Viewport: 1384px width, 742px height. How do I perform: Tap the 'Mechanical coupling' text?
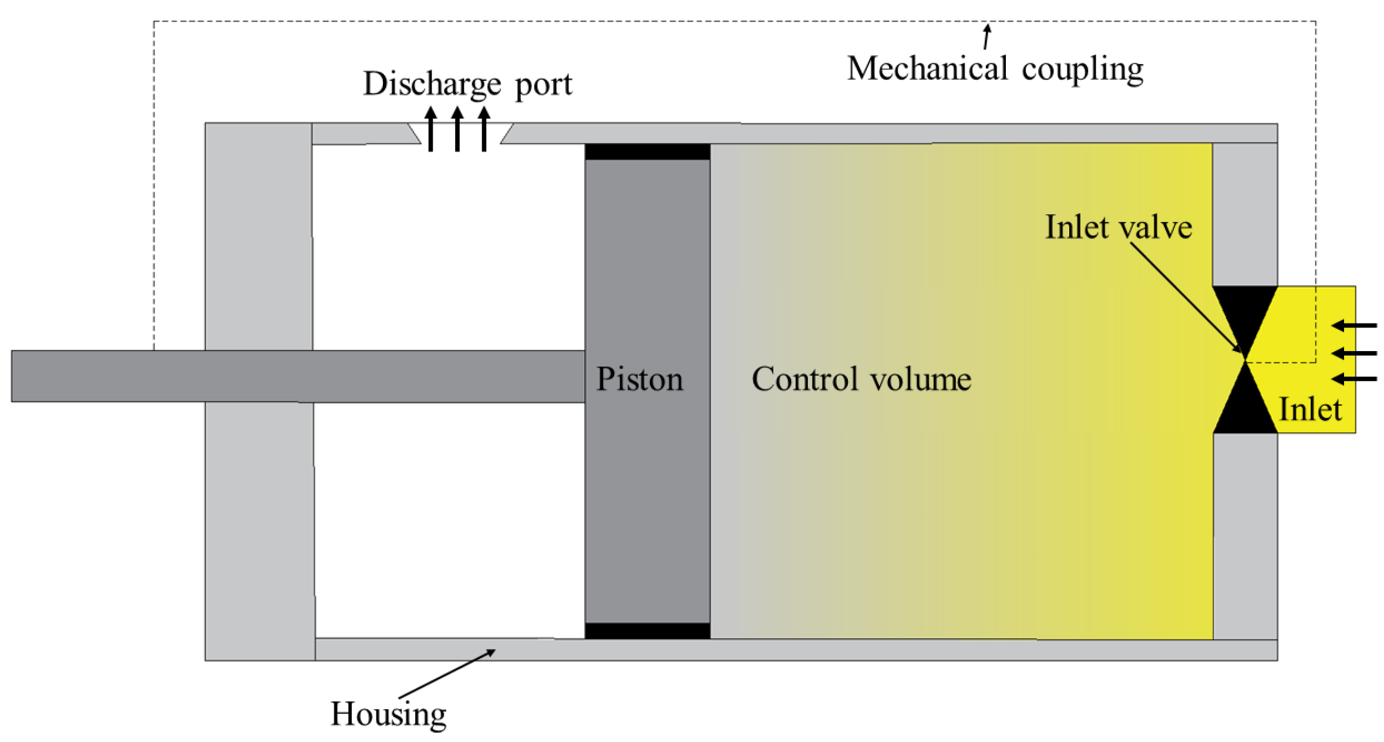pyautogui.click(x=995, y=69)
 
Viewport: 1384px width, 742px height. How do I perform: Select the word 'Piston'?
pyautogui.click(x=639, y=379)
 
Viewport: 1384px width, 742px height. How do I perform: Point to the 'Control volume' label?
pyautogui.click(x=861, y=379)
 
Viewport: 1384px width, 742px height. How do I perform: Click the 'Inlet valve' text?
pyautogui.click(x=1118, y=227)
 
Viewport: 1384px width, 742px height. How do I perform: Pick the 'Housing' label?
pyautogui.click(x=388, y=714)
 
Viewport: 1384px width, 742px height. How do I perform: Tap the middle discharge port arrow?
pyautogui.click(x=457, y=129)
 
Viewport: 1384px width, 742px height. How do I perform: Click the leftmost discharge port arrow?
pyautogui.click(x=431, y=129)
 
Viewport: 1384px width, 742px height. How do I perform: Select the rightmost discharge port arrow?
pyautogui.click(x=484, y=129)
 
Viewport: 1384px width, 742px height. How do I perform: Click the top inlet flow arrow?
pyautogui.click(x=1353, y=325)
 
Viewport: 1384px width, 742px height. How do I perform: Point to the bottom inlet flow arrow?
pyautogui.click(x=1353, y=379)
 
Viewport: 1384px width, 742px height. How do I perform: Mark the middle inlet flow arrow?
pyautogui.click(x=1353, y=353)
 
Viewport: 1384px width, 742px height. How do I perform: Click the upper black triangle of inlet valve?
pyautogui.click(x=1245, y=311)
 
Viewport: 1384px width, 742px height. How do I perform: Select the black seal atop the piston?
pyautogui.click(x=647, y=151)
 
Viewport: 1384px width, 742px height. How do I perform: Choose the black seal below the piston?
pyautogui.click(x=647, y=630)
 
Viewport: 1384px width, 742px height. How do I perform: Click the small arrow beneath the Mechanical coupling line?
pyautogui.click(x=987, y=36)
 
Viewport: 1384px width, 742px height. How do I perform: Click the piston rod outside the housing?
pyautogui.click(x=106, y=376)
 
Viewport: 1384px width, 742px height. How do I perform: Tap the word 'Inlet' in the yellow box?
pyautogui.click(x=1310, y=409)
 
